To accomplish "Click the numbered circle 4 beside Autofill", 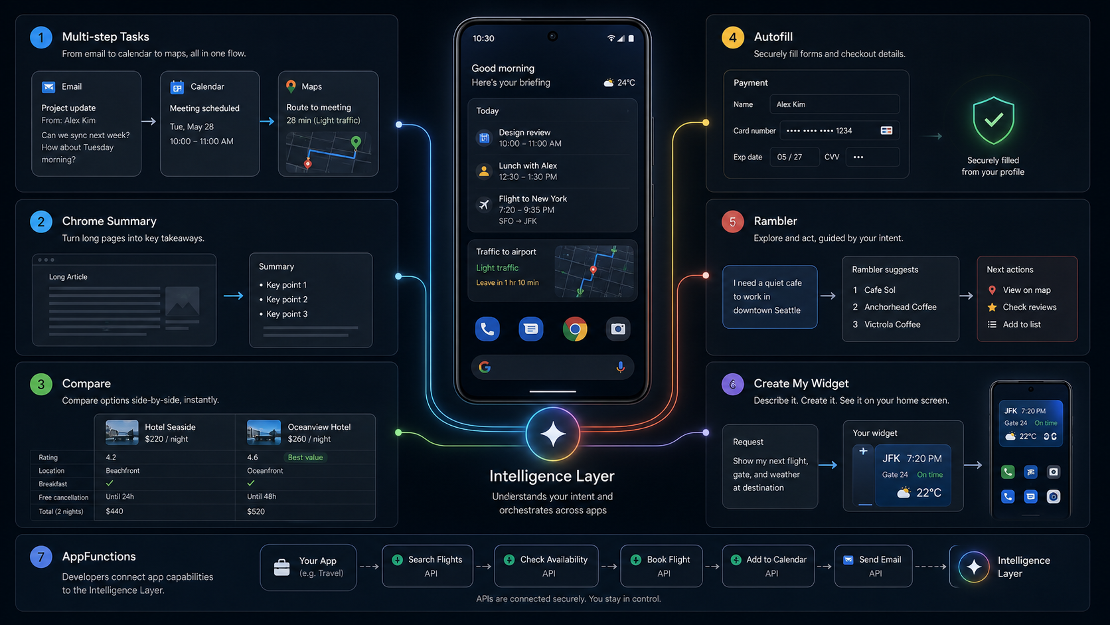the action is click(x=732, y=37).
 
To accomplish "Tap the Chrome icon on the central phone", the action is click(x=575, y=329).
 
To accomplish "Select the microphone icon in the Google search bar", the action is click(x=620, y=367).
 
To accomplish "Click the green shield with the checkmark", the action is click(x=993, y=120).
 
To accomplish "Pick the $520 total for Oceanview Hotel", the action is click(x=256, y=511).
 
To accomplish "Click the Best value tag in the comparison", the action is click(x=305, y=458).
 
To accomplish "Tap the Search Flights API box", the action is click(x=428, y=566).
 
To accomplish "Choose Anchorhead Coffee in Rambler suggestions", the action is click(x=900, y=308).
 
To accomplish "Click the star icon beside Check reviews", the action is click(x=992, y=308).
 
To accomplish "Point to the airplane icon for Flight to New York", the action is click(x=484, y=204).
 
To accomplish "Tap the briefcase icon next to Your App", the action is click(x=281, y=567).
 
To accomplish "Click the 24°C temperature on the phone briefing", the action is click(x=626, y=83).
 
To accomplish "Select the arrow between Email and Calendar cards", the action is click(x=149, y=122).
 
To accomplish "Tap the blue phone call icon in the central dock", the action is click(x=487, y=329).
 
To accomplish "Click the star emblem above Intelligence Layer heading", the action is click(x=552, y=434).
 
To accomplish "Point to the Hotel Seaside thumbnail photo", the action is click(x=122, y=432).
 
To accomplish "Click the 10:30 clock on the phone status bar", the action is click(x=483, y=38).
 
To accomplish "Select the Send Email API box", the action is click(x=873, y=566).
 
